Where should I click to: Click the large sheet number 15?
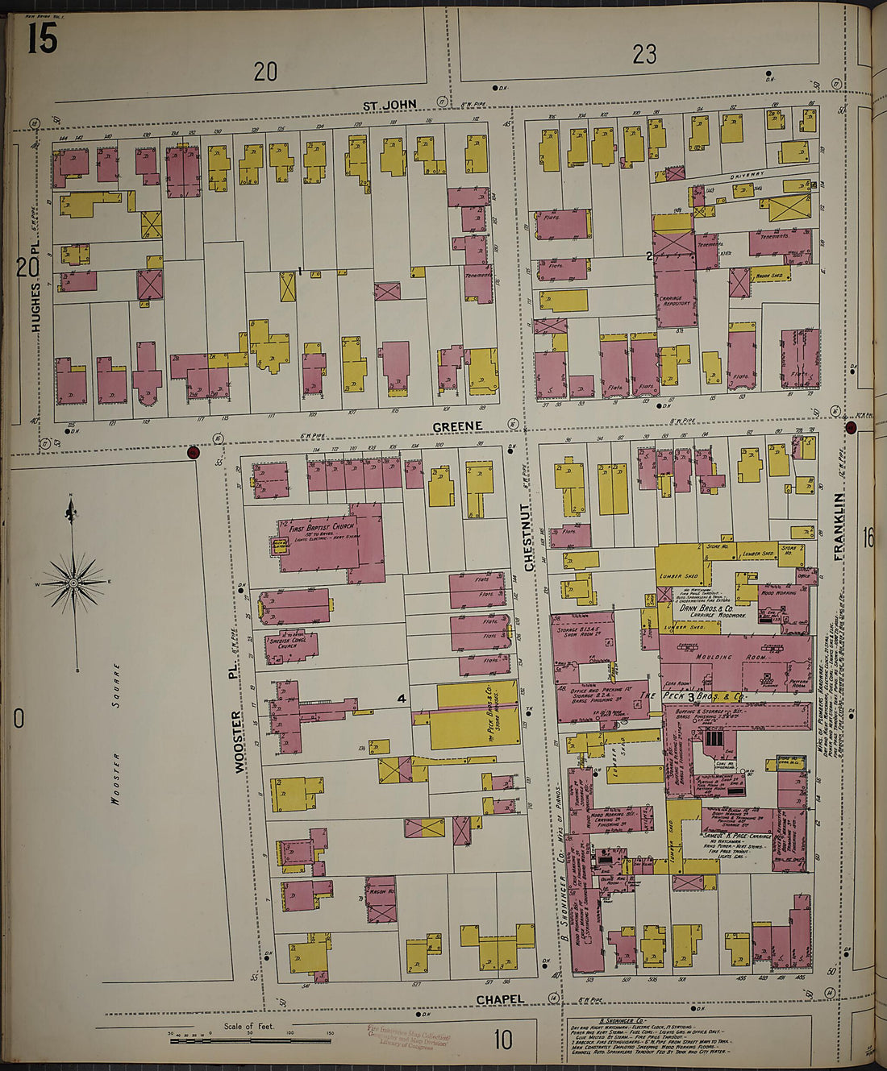42,38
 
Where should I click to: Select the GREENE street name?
457,426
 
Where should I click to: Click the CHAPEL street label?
500,999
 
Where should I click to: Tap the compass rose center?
73,582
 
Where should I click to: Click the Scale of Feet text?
249,1026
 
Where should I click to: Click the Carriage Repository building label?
676,303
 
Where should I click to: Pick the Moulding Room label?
714,657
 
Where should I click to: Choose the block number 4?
401,699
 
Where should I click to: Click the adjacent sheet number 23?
644,54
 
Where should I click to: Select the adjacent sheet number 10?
502,1040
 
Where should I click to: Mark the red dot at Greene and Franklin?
850,427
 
